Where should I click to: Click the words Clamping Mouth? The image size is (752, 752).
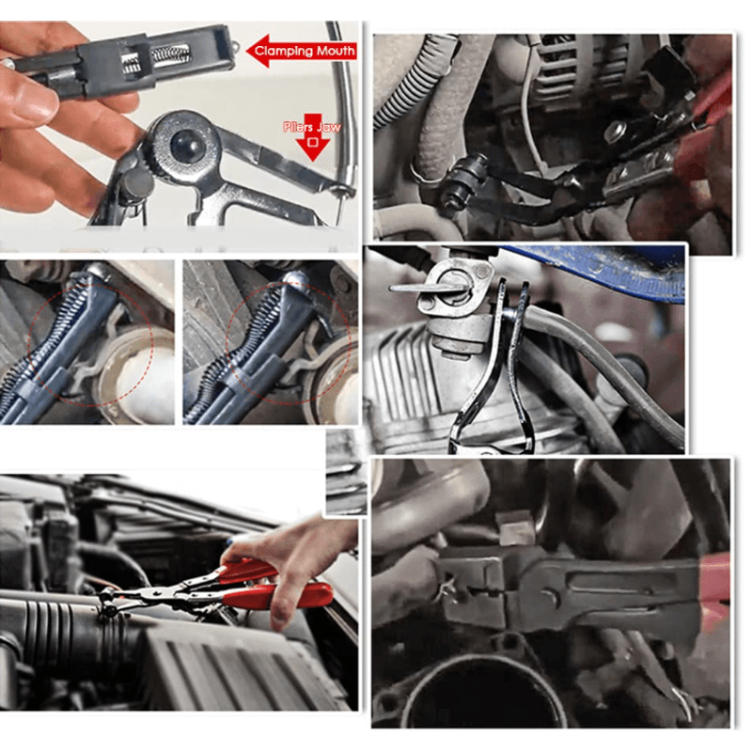pyautogui.click(x=305, y=51)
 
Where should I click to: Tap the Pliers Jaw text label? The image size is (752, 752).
pyautogui.click(x=312, y=127)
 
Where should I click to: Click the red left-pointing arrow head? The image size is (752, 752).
pyautogui.click(x=258, y=50)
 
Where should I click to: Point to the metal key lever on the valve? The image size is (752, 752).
pyautogui.click(x=427, y=288)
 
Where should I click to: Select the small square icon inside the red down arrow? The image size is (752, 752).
pyautogui.click(x=313, y=143)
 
